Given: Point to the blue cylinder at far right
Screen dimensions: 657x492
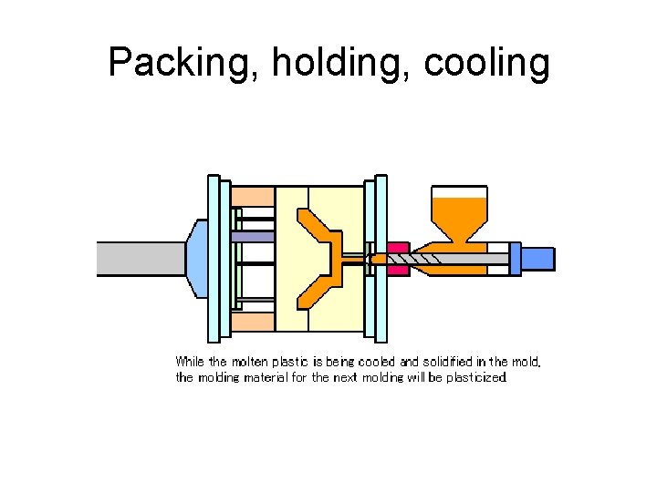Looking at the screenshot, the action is click(537, 259).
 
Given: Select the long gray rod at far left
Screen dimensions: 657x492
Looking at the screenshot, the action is click(142, 259).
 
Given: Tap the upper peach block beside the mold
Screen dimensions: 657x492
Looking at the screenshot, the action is click(252, 197).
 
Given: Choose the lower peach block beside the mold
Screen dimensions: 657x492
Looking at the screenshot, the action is click(252, 321).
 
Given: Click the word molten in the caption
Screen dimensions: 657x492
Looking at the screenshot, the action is click(249, 362).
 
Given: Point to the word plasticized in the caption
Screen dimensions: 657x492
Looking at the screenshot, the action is click(475, 376).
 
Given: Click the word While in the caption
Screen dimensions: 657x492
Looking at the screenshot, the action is click(190, 362).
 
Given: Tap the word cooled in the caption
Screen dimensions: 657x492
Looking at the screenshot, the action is click(374, 362).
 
